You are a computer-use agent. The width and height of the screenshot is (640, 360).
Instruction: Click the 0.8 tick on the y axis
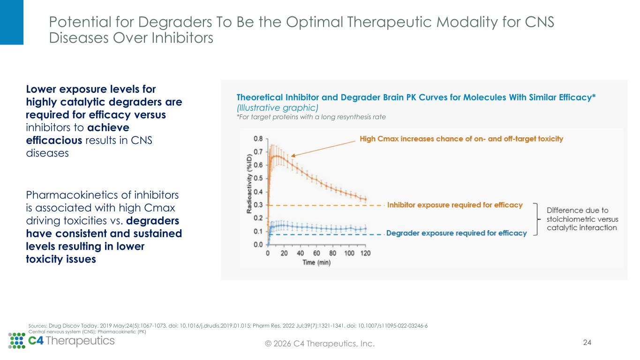point(258,139)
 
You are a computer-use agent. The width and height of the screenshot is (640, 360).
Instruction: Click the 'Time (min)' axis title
point(316,263)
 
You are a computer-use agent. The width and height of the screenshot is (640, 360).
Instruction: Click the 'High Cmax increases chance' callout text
point(461,139)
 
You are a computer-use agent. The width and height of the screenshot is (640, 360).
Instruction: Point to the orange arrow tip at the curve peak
point(291,156)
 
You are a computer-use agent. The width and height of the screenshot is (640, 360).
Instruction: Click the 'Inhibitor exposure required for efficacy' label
point(455,205)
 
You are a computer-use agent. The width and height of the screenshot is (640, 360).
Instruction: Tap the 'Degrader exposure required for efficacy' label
point(456,233)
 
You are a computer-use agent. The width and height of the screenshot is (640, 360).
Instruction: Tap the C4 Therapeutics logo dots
point(17,341)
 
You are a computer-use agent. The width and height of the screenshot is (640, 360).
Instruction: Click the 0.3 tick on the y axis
point(258,205)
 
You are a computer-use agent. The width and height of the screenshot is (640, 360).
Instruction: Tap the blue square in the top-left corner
point(11,22)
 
